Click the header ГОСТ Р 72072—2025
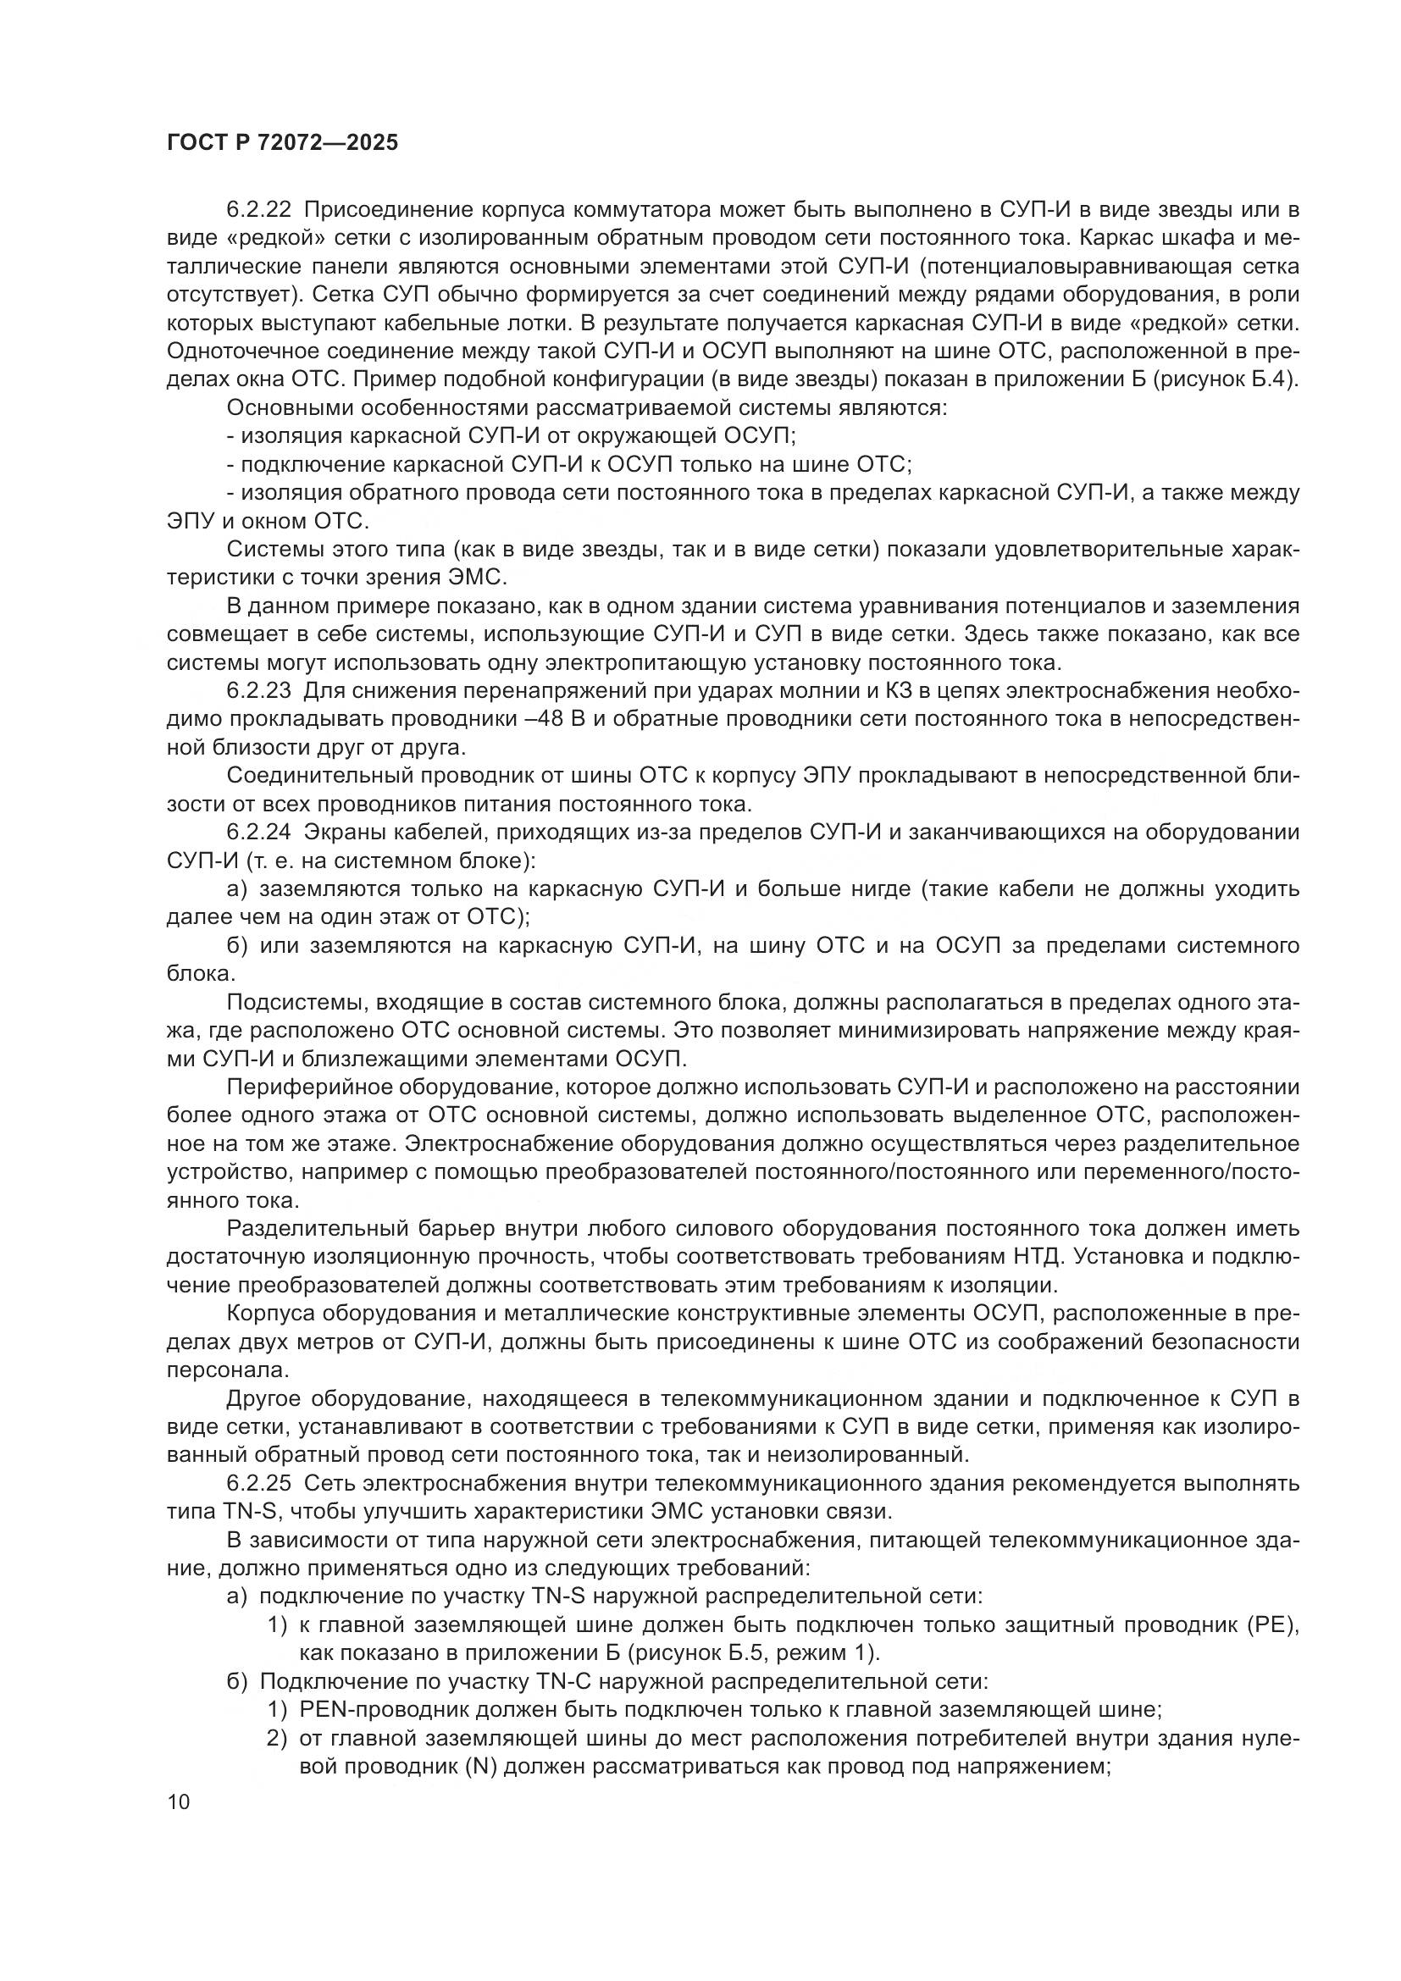click(x=282, y=143)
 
